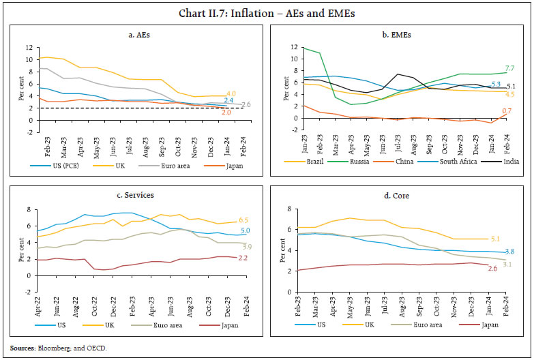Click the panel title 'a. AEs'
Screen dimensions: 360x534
pos(136,34)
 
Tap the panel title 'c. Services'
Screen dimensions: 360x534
pos(134,195)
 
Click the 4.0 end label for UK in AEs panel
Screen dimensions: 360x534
pos(231,93)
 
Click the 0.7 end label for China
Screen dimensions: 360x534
pos(507,111)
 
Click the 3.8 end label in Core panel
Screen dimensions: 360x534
pos(509,252)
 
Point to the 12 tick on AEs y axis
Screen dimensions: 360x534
pos(27,47)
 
